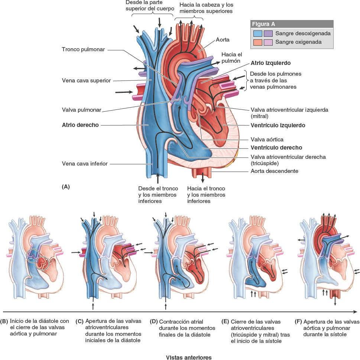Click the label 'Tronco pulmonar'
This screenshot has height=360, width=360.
coord(84,49)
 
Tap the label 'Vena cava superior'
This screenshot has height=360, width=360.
coord(87,80)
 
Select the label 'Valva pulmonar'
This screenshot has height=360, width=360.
coord(82,110)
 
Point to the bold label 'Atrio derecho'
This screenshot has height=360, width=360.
coord(80,125)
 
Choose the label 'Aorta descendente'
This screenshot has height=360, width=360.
coord(274,171)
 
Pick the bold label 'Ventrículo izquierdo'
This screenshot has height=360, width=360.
coord(278,125)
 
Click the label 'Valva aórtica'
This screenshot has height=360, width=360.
coord(267,140)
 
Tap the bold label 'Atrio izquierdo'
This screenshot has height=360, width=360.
coord(270,63)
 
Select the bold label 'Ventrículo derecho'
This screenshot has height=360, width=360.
coord(276,147)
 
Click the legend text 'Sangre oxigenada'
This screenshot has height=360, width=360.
coord(298,42)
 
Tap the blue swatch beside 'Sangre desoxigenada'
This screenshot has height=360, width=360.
coord(257,33)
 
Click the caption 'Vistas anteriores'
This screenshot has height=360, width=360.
coord(189,357)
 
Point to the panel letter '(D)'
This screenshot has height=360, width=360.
coord(153,321)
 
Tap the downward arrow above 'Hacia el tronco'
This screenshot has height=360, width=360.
coord(203,179)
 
